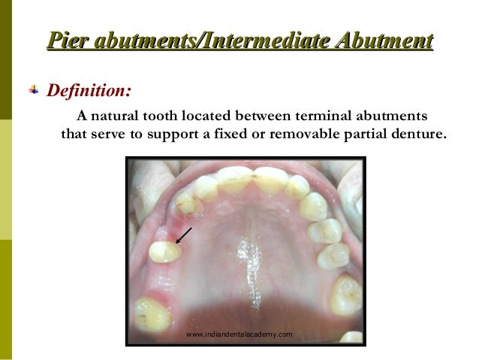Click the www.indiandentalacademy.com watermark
(x=239, y=333)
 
